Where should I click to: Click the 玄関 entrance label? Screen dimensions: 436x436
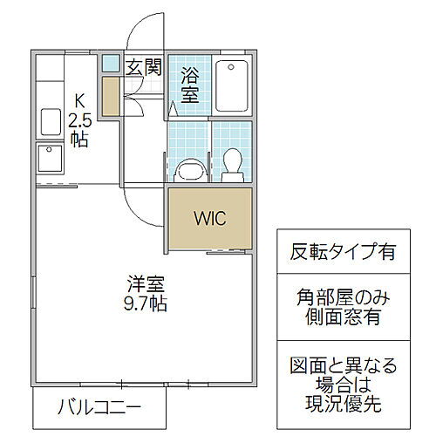pos(143,67)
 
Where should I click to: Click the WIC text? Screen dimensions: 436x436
pos(210,218)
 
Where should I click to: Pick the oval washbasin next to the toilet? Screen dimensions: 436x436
pos(186,167)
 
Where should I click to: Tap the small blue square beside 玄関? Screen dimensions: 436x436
pos(111,64)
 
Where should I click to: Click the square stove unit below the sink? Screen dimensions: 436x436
pos(48,160)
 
